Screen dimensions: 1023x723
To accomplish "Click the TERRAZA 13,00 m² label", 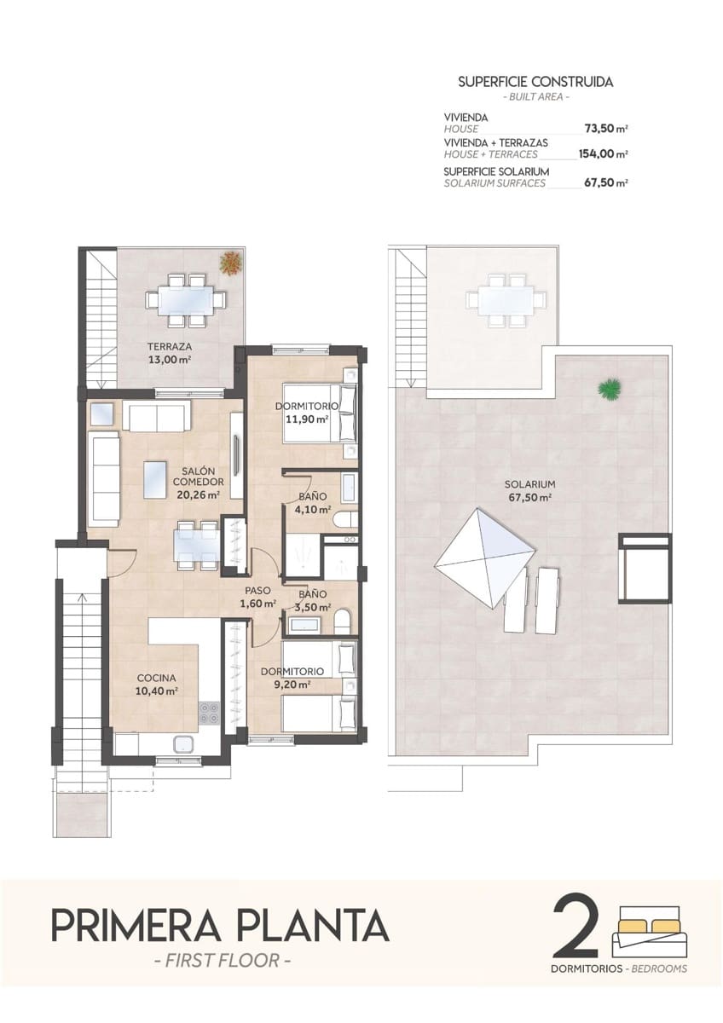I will pos(168,353).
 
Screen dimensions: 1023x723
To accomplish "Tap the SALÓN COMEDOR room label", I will pos(197,482).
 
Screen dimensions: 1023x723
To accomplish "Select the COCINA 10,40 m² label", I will pos(157,685).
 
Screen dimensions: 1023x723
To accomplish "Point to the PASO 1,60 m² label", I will pos(259,596).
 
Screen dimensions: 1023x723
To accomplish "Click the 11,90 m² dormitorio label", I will pos(307,413).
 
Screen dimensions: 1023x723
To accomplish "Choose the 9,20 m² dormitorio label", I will pos(292,677).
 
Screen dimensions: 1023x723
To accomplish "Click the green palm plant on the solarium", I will pos(609,389).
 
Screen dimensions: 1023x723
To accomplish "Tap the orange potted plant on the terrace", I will pos(229,263).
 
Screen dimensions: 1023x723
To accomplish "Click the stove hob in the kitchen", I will pos(209,712).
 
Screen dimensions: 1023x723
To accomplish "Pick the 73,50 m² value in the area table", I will pos(605,129).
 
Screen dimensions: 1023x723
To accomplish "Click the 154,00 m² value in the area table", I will pos(603,154).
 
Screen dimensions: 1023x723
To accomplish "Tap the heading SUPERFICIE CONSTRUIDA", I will pos(535,82).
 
